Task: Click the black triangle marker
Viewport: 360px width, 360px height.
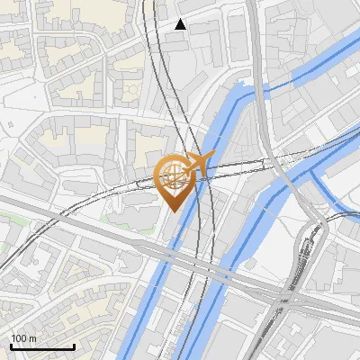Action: [181, 24]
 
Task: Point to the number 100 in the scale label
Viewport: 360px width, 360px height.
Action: [19, 337]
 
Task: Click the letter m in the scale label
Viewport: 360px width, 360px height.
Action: [32, 337]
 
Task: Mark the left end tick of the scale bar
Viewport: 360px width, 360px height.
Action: [11, 346]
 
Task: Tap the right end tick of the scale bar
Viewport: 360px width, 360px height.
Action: [74, 346]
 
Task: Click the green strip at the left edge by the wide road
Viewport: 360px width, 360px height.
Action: [9, 217]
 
